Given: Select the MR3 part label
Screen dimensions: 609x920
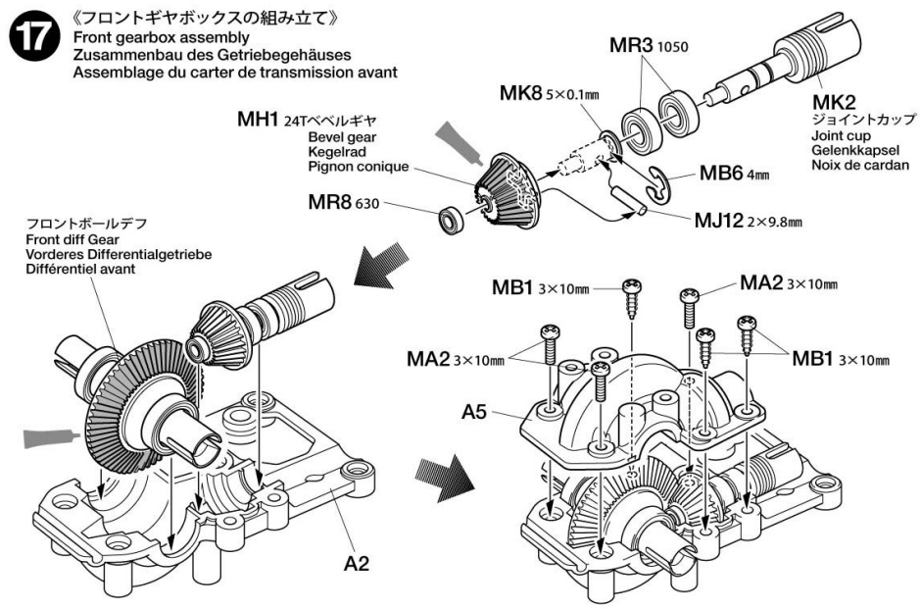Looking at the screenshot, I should tap(631, 45).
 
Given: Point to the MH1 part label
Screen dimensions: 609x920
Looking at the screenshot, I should tap(260, 120).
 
